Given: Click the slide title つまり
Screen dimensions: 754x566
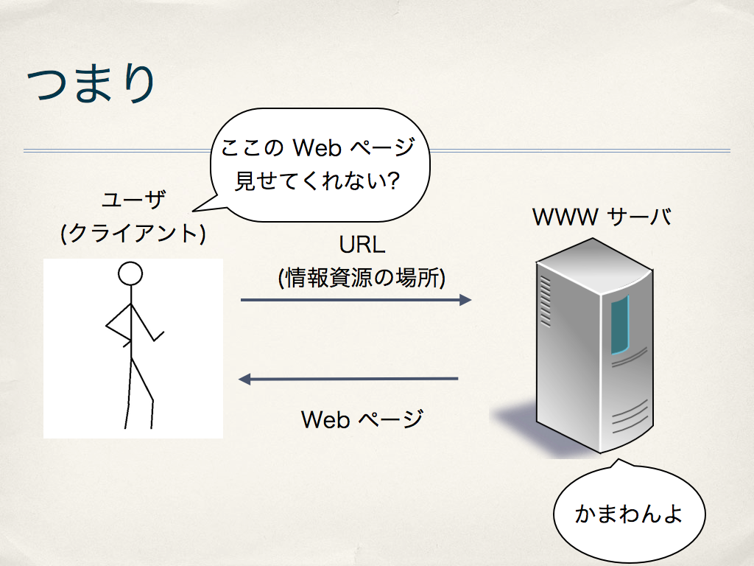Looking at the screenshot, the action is click(x=91, y=83).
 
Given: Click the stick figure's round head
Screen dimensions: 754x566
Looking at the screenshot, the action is click(x=130, y=274).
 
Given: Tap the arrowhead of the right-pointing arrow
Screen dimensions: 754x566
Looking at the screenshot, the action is click(x=465, y=300).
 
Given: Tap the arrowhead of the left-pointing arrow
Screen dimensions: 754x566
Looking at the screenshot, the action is click(x=244, y=380).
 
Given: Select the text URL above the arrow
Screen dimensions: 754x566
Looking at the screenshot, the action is click(x=362, y=245).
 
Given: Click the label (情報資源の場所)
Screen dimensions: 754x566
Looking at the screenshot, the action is click(x=362, y=278).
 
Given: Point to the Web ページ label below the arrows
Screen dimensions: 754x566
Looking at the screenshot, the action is click(x=362, y=419).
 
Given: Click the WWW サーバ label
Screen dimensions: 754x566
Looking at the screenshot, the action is click(x=602, y=217).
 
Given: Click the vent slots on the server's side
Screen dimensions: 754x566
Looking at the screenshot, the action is click(x=546, y=301).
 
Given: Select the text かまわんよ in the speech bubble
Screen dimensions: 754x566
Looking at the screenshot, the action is click(x=629, y=514).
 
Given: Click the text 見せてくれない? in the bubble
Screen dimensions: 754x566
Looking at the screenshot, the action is click(x=317, y=181).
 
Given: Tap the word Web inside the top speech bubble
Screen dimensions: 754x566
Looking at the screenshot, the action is click(x=317, y=147).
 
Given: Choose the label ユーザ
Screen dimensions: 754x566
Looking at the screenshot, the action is click(x=134, y=200).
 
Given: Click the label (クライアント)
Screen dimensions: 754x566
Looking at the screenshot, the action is click(x=133, y=234).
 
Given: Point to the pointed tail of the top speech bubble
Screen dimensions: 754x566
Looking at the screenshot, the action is click(x=194, y=211).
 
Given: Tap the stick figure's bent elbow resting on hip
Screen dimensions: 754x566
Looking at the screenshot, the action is click(x=107, y=326).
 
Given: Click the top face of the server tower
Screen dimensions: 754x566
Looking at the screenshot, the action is click(x=594, y=264).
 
